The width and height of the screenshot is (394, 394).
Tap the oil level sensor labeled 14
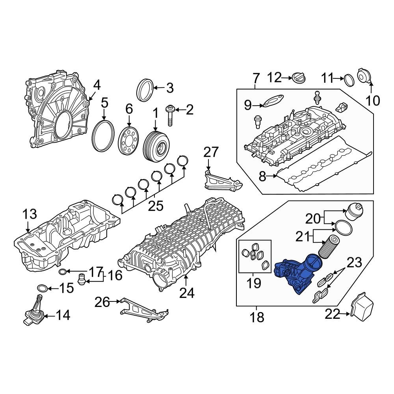33,314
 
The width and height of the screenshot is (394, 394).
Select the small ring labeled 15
43,288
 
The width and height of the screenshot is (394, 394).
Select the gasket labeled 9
273,100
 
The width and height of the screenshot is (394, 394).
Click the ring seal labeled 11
348,80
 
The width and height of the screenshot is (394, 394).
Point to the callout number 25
155,206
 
